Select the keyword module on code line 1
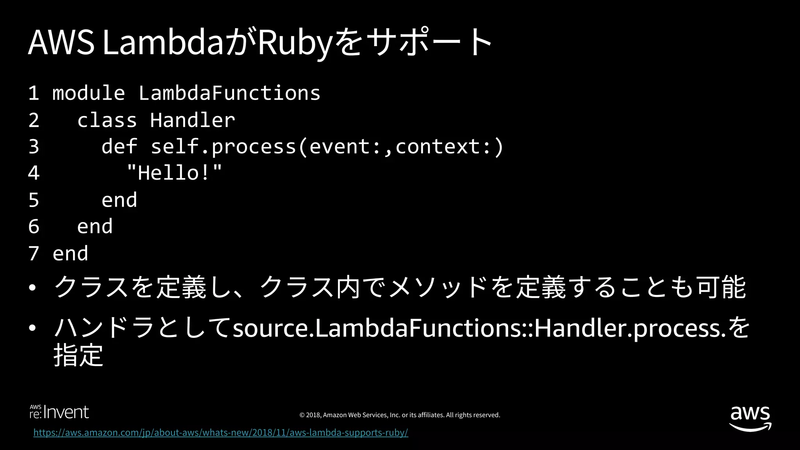point(89,93)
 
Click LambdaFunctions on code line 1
point(229,93)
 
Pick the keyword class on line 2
point(107,120)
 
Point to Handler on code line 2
point(193,120)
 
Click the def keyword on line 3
point(119,146)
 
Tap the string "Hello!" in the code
point(174,173)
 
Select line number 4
point(34,173)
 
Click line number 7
point(34,254)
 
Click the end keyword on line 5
point(119,200)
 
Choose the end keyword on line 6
point(95,227)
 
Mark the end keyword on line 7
point(70,254)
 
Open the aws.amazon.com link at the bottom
point(221,432)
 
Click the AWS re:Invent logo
point(59,412)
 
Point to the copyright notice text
point(400,415)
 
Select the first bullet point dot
point(32,288)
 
